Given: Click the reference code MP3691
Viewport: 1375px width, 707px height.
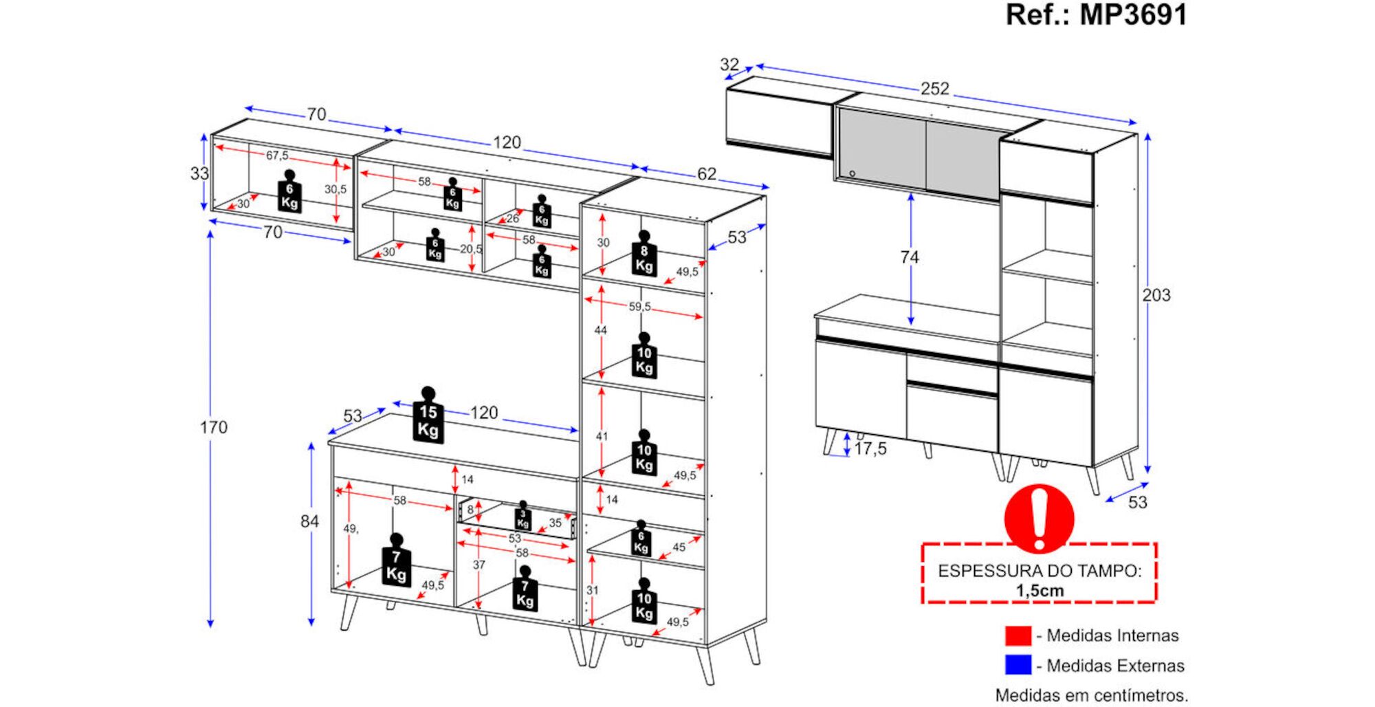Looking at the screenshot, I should pyautogui.click(x=1133, y=15).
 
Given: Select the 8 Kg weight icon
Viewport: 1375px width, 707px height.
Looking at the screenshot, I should pyautogui.click(x=644, y=254).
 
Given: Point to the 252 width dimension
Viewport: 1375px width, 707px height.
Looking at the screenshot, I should pyautogui.click(x=935, y=89).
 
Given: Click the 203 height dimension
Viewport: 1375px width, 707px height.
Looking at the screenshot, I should pyautogui.click(x=1156, y=295).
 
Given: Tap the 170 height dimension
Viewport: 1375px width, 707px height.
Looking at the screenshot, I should pyautogui.click(x=213, y=427).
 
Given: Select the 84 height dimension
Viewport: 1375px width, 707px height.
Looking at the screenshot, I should pyautogui.click(x=309, y=521).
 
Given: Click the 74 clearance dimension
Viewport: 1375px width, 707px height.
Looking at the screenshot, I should pyautogui.click(x=909, y=257).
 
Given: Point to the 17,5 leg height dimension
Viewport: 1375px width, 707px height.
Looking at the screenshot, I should pyautogui.click(x=870, y=449).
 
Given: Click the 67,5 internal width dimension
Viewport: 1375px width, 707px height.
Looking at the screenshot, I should pyautogui.click(x=277, y=155).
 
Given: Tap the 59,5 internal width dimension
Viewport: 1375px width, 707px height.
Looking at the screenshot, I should pyautogui.click(x=639, y=307).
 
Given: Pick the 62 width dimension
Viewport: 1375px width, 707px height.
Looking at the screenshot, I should pyautogui.click(x=706, y=174).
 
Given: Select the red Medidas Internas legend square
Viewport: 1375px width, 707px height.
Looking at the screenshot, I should pyautogui.click(x=1017, y=635).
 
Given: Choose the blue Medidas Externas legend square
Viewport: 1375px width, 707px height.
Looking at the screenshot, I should pyautogui.click(x=1017, y=665).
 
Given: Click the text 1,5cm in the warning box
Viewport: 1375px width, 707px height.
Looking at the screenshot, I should pyautogui.click(x=1039, y=591).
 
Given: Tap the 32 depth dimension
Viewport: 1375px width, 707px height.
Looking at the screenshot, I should pyautogui.click(x=729, y=65).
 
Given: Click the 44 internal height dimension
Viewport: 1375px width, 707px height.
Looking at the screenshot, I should pyautogui.click(x=601, y=331).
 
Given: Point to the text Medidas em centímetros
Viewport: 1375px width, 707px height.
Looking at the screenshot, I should pyautogui.click(x=1091, y=695).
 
